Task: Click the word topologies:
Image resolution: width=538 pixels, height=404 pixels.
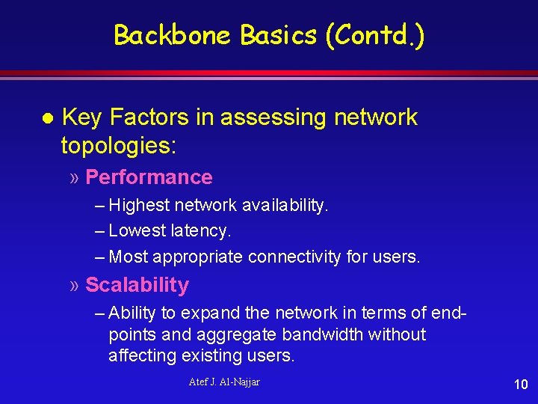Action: pyautogui.click(x=119, y=145)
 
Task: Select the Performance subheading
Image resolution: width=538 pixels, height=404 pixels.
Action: pyautogui.click(x=149, y=177)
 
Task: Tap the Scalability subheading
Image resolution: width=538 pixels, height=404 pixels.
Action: pyautogui.click(x=137, y=285)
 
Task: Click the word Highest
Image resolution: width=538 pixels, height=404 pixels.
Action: pyautogui.click(x=140, y=204)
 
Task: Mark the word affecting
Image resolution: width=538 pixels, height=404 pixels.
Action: pyautogui.click(x=140, y=356)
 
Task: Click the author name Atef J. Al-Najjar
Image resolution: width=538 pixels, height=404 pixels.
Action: pyautogui.click(x=224, y=382)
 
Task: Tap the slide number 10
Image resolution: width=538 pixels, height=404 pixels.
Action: pyautogui.click(x=521, y=385)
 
